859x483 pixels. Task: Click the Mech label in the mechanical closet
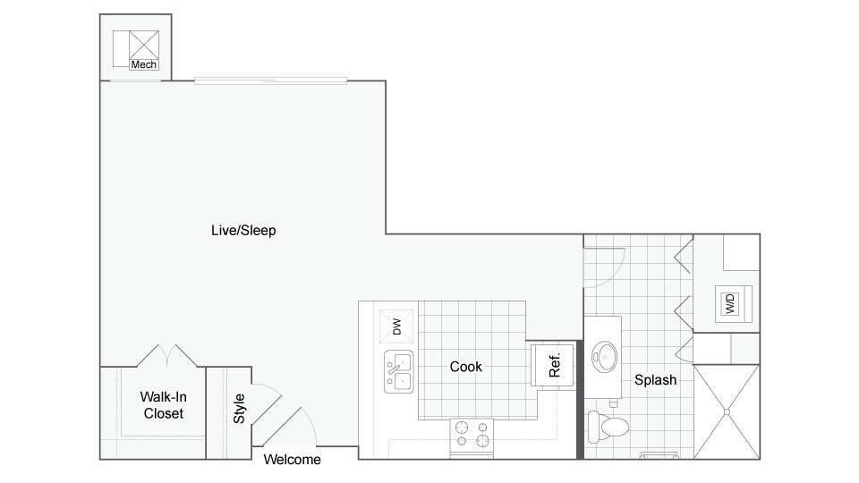(x=143, y=64)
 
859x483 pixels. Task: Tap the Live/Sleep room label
(x=243, y=231)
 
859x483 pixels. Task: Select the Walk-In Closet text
(x=163, y=405)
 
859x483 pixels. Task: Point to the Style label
(x=239, y=409)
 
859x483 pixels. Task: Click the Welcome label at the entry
(x=292, y=460)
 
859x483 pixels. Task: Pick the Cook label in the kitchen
(x=465, y=367)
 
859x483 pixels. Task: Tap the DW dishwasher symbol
(x=397, y=326)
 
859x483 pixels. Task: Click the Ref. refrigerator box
(x=553, y=365)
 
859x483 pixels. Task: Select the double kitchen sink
(x=399, y=372)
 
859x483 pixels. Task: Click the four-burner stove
(x=472, y=434)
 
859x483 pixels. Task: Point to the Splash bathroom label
(x=655, y=380)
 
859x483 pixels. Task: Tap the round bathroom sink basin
(x=605, y=356)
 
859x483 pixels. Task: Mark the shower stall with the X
(x=726, y=411)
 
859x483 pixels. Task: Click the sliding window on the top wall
(x=271, y=80)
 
